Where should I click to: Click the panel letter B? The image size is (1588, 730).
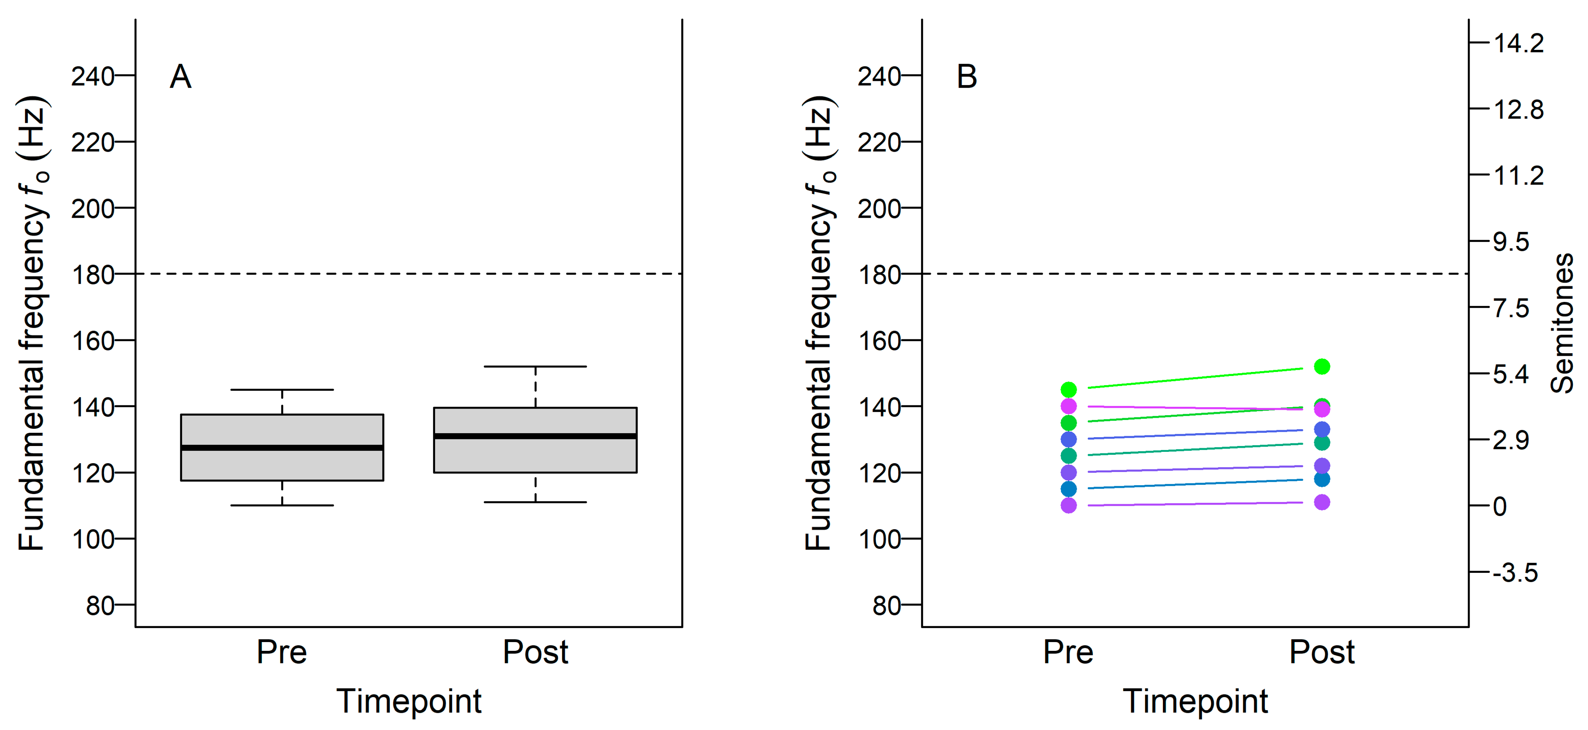click(x=966, y=77)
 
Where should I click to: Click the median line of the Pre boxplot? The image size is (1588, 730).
click(x=282, y=447)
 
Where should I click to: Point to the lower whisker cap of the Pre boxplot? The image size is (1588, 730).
click(x=282, y=506)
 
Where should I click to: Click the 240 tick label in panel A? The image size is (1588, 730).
click(x=92, y=77)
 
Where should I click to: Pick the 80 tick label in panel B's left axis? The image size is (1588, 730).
click(x=887, y=606)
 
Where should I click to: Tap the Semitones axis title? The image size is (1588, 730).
click(x=1562, y=324)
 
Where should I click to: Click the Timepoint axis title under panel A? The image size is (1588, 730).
click(x=409, y=701)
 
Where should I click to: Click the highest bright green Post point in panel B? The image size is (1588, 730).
click(x=1322, y=367)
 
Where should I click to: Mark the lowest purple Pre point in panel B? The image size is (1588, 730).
click(x=1068, y=506)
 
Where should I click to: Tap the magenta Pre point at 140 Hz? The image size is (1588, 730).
click(x=1068, y=406)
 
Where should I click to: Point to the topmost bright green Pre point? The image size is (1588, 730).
click(x=1068, y=390)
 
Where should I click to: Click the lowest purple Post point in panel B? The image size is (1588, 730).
click(x=1322, y=502)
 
